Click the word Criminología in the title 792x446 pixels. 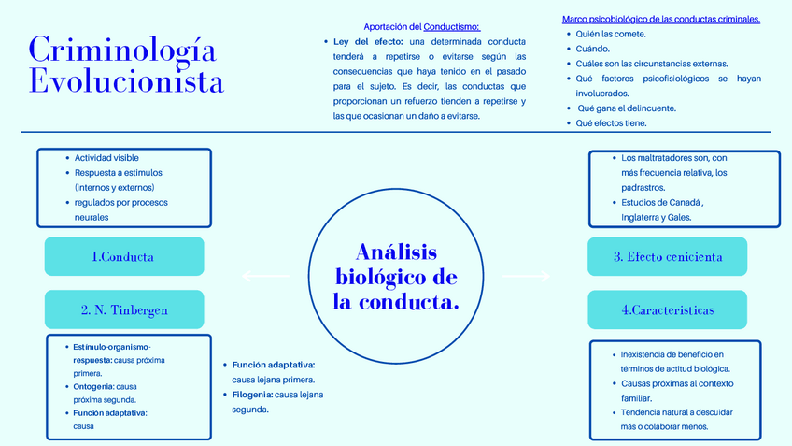tap(122, 49)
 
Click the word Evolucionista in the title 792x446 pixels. tap(126, 80)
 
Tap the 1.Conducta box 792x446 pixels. tap(123, 257)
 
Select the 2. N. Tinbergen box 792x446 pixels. tap(123, 309)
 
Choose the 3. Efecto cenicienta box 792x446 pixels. tap(667, 257)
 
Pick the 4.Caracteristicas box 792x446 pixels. tap(667, 309)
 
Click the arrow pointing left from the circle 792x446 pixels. tap(265, 276)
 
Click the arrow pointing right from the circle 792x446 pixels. tap(527, 276)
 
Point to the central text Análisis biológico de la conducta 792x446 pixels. tap(396, 278)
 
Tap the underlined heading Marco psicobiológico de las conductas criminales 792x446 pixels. tap(661, 19)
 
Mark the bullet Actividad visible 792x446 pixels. tap(106, 158)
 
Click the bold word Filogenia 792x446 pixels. tap(252, 395)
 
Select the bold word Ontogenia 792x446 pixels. tap(93, 386)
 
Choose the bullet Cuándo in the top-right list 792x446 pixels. tap(593, 49)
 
